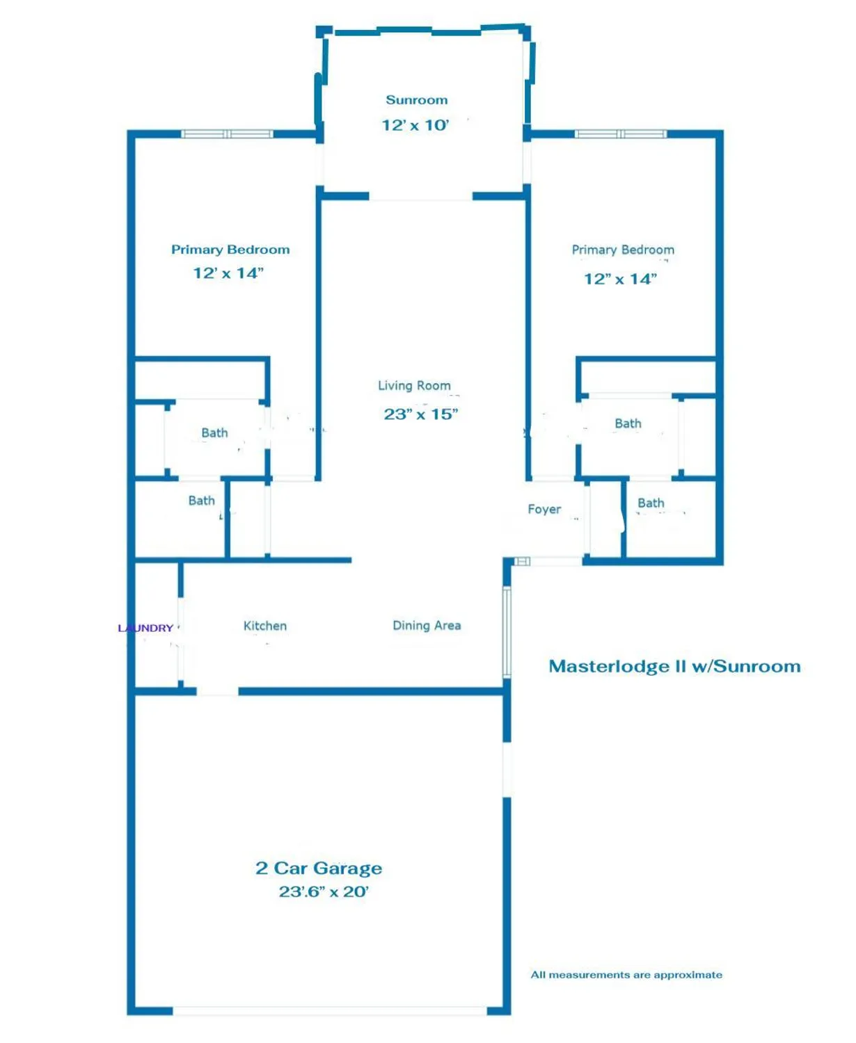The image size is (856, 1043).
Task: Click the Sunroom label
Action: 416,100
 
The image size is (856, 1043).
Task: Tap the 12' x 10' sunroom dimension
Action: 415,125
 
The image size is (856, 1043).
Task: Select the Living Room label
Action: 414,385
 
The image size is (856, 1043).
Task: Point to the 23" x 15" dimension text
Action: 420,414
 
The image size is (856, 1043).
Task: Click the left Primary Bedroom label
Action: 230,250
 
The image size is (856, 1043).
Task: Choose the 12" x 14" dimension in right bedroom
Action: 620,280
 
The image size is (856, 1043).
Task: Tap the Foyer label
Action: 544,509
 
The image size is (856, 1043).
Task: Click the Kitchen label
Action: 264,626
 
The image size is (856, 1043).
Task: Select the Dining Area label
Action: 427,626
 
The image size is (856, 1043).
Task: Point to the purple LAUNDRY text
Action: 145,628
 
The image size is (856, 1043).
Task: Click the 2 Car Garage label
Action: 319,868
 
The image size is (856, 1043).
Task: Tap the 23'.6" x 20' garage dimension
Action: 324,892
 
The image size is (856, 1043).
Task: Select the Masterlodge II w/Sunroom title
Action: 674,666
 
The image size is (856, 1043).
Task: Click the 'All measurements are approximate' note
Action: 626,975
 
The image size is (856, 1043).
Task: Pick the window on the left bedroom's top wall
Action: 227,134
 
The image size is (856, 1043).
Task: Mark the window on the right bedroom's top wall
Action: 620,134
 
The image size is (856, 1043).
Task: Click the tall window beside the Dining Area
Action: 507,631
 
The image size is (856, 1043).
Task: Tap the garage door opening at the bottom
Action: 329,1011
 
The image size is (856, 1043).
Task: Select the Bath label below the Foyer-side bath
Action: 651,503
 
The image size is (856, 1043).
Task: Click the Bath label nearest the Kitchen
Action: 201,501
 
